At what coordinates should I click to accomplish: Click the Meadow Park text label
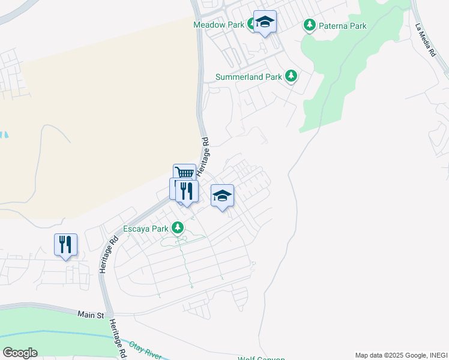coord(218,25)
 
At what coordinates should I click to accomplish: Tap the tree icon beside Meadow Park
coord(252,25)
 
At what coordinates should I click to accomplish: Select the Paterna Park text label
coord(343,26)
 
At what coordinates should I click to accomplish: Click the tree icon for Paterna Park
coord(310,25)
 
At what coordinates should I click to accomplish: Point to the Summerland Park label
coord(249,77)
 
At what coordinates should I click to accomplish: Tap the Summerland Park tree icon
coord(291,76)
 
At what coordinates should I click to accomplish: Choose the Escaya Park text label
coord(145,229)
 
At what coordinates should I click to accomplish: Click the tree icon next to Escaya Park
coord(178,228)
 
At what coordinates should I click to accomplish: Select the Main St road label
coord(91,314)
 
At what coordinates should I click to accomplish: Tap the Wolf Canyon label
coord(261,358)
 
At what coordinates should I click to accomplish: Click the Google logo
coord(20,352)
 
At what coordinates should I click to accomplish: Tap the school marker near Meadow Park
coord(265,22)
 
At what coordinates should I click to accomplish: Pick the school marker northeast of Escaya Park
coord(222,196)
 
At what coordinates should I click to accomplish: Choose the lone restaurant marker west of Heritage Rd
coord(65,245)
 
